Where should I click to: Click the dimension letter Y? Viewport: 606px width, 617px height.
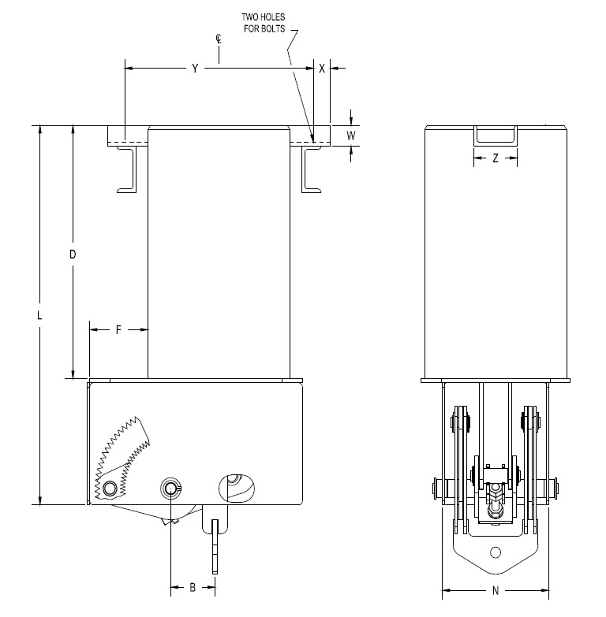[x=195, y=69]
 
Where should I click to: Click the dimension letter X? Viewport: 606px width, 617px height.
[x=322, y=69]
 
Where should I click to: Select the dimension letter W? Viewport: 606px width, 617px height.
[x=350, y=136]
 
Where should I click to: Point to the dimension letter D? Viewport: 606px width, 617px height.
[x=73, y=255]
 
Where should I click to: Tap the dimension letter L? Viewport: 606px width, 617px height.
[x=39, y=315]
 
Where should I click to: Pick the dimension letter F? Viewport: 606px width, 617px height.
[x=118, y=329]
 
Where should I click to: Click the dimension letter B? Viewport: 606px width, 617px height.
[x=193, y=588]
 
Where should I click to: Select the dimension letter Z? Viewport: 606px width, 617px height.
[x=496, y=158]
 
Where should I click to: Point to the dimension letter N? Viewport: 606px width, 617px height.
[x=496, y=590]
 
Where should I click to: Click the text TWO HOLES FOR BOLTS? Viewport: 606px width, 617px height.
[x=264, y=23]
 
